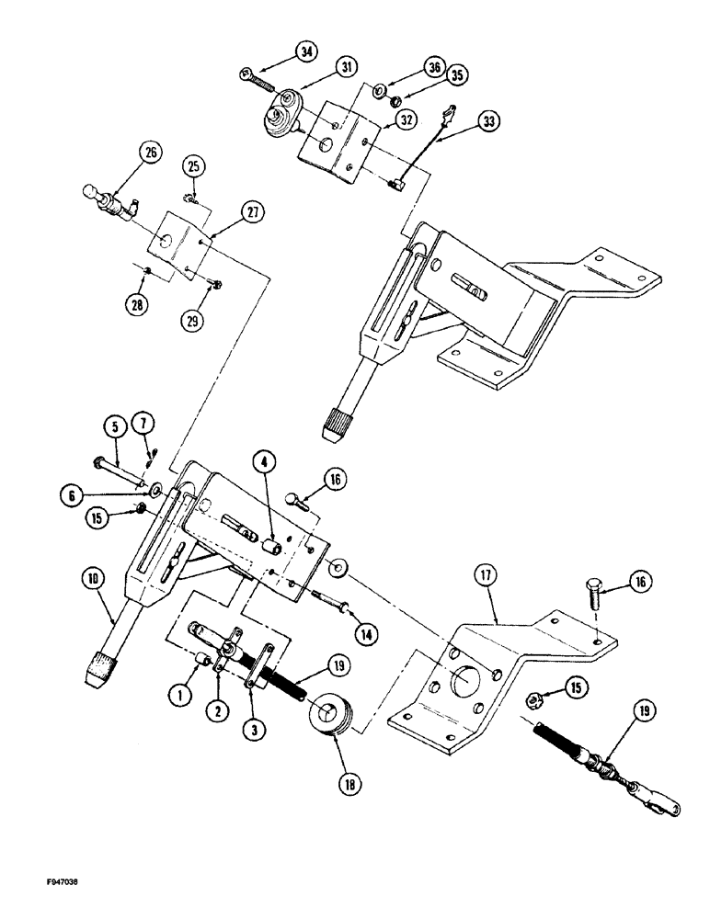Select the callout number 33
[489, 120]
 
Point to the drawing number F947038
[43, 879]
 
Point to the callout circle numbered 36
[383, 66]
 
